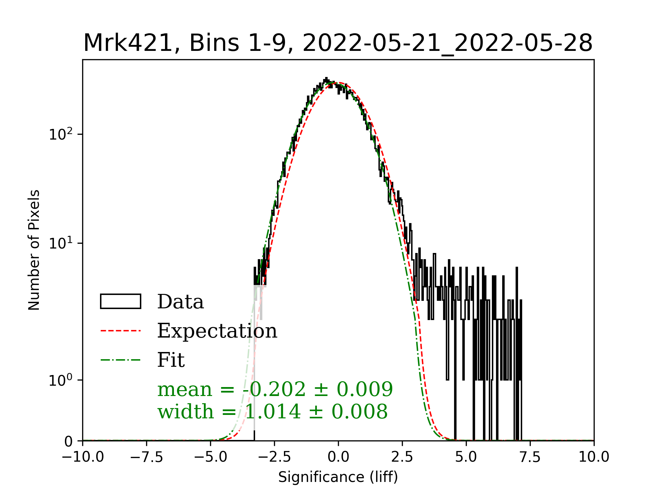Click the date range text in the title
pos(447,43)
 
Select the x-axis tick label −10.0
pos(83,457)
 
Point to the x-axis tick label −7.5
pos(147,457)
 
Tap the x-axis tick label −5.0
pos(211,457)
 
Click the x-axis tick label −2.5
pos(275,457)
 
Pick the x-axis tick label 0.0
pos(338,457)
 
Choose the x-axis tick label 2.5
pos(402,457)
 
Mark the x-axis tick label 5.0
pos(466,457)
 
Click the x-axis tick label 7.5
pos(530,457)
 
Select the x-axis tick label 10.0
pos(594,457)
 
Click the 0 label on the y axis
pos(68,441)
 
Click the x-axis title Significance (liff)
pos(338,477)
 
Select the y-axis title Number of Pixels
pos(34,250)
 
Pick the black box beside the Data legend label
pos(121,301)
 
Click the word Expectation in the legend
pos(217,331)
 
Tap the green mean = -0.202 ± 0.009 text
pos(275,389)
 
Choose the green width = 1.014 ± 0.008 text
pos(273,411)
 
